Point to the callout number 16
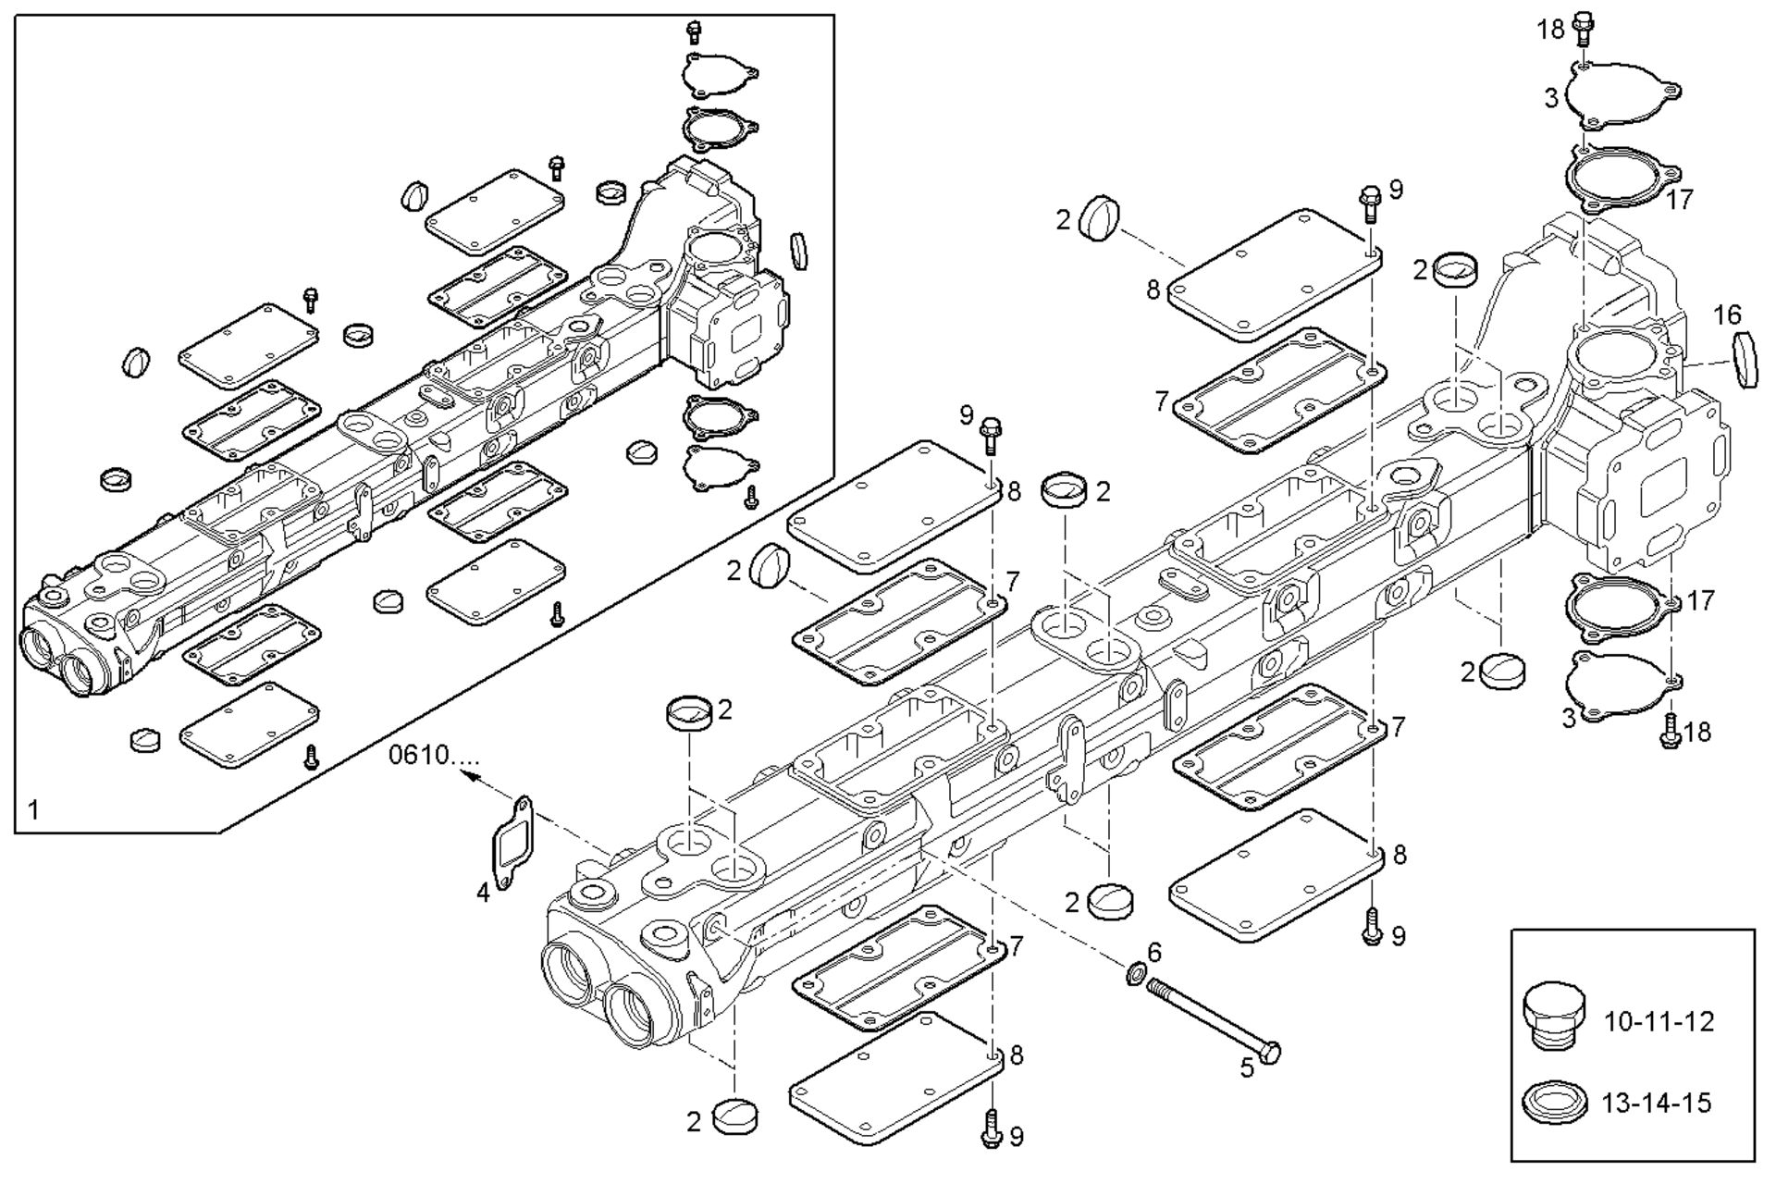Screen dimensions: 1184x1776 click(1726, 315)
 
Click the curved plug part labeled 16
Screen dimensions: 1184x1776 click(1745, 359)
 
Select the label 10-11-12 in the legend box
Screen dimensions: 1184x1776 click(1659, 1022)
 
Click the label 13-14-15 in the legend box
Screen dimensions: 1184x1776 click(1657, 1103)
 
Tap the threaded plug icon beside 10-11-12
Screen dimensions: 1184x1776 click(1553, 1015)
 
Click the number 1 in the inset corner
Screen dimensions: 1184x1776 click(33, 810)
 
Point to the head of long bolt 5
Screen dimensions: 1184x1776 click(1270, 1052)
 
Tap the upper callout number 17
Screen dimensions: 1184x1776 click(1680, 199)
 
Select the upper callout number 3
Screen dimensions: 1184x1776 click(1551, 97)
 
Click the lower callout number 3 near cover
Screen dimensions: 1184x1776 click(1568, 717)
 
